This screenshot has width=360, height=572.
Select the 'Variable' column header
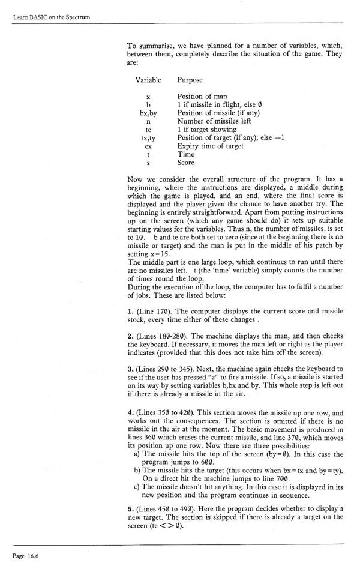point(148,80)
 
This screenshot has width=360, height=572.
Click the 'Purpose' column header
point(190,80)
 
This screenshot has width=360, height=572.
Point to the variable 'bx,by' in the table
point(148,113)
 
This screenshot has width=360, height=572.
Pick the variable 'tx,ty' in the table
point(148,137)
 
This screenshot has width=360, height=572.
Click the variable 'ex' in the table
point(148,146)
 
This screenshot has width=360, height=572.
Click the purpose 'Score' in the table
point(186,162)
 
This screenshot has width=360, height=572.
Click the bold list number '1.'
point(131,311)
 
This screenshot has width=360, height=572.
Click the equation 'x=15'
point(158,253)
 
